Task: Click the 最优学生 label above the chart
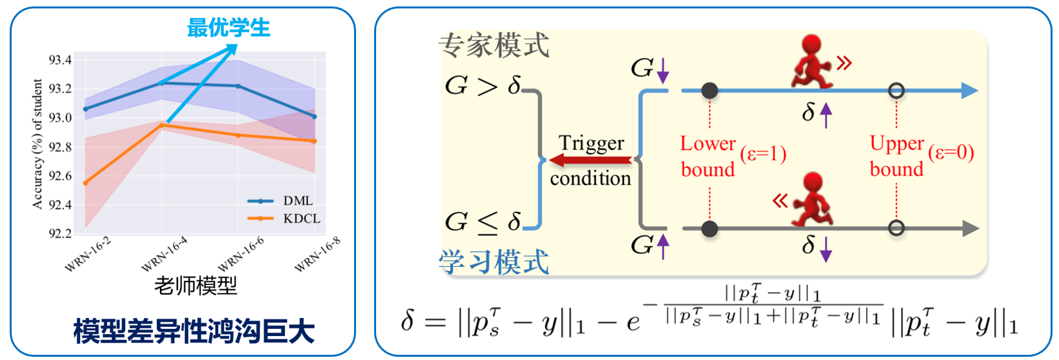(229, 27)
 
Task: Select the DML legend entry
(280, 201)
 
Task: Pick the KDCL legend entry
(284, 219)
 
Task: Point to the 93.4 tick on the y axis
(60, 60)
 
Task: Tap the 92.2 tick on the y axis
(60, 233)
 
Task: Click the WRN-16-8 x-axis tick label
(317, 254)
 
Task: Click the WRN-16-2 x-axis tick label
(88, 254)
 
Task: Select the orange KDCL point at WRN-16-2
(85, 183)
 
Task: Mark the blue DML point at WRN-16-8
(315, 117)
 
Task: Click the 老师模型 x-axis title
(195, 286)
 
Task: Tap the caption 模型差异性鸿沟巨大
(194, 331)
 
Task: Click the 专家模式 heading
(494, 45)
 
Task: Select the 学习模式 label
(494, 262)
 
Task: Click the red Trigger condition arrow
(590, 161)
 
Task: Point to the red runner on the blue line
(811, 62)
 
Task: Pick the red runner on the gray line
(812, 199)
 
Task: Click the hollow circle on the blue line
(897, 91)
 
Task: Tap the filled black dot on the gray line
(709, 229)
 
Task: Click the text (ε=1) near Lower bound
(763, 154)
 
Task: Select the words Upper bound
(897, 155)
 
